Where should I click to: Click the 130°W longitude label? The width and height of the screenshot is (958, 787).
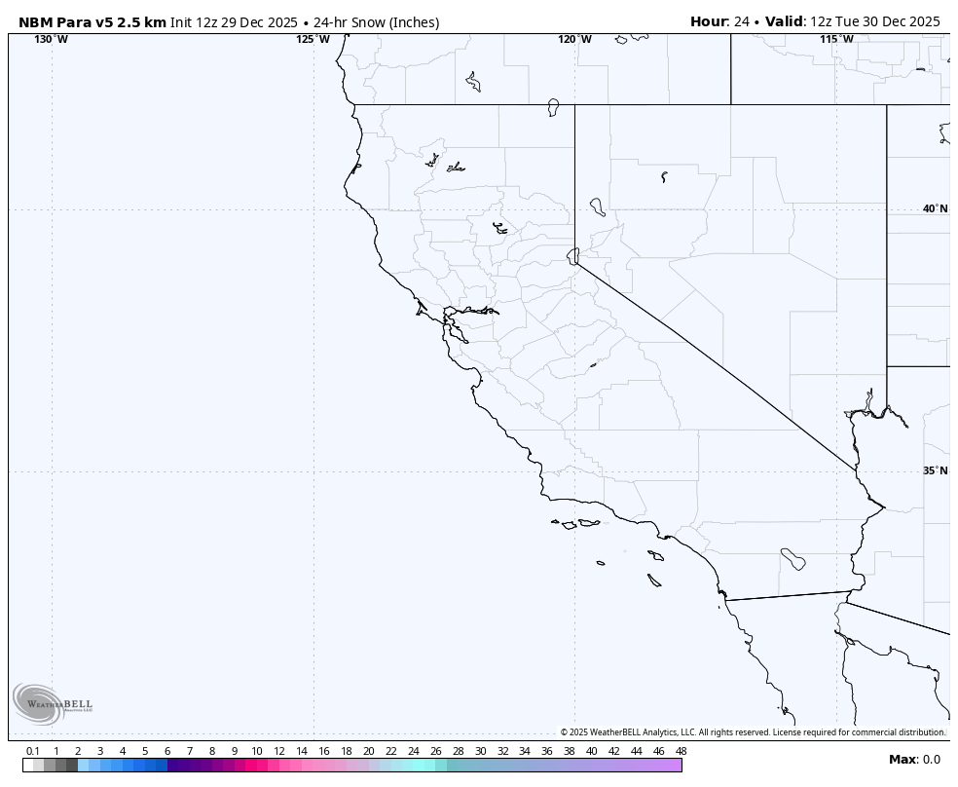(x=52, y=39)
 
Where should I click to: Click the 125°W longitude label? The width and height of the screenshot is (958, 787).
(x=313, y=39)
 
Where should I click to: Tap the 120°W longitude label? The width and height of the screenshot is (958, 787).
(x=574, y=39)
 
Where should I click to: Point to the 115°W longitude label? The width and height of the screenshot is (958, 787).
(x=836, y=39)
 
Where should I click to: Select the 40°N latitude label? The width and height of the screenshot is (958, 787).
(x=935, y=208)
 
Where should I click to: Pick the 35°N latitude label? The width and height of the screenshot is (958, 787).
(x=935, y=470)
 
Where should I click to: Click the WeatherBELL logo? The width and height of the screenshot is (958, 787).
(x=53, y=703)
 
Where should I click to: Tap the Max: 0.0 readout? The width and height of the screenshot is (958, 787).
(x=914, y=760)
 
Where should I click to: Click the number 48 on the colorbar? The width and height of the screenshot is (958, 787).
(x=681, y=751)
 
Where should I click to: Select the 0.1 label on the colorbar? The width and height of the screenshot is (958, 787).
(x=33, y=751)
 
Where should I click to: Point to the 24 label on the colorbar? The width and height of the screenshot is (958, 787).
(x=413, y=751)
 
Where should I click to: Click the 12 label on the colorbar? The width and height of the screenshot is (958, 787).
(x=279, y=751)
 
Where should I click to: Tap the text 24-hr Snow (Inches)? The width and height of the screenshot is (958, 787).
(x=376, y=22)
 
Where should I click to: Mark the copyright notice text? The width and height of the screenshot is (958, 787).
(x=753, y=732)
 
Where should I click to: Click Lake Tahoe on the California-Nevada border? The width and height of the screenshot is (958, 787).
(x=572, y=255)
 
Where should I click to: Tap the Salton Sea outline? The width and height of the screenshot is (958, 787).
(x=792, y=559)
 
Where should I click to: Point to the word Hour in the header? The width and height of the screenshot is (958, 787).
(x=709, y=21)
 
